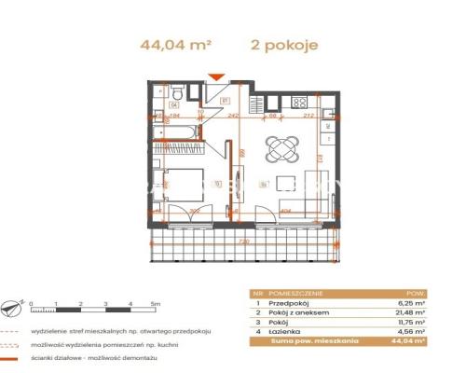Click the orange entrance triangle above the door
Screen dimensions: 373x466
[x=216, y=77]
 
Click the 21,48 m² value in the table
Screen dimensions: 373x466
[x=408, y=312]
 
